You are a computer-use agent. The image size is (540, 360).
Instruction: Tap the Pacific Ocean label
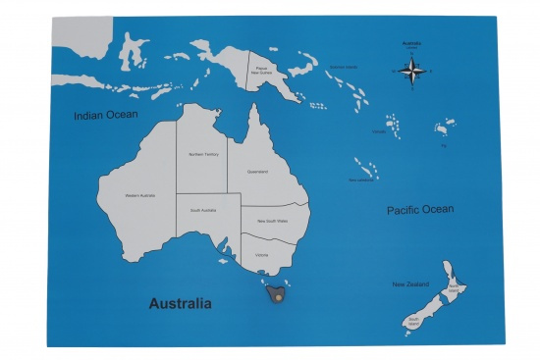tap(419, 209)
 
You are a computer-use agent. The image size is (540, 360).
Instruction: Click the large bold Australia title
tap(180, 303)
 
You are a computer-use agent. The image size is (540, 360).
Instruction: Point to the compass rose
tap(414, 71)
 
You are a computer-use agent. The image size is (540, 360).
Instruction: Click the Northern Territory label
tap(203, 154)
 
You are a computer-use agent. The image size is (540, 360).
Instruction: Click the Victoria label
tap(261, 255)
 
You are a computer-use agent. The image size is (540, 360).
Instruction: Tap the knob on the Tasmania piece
tap(280, 295)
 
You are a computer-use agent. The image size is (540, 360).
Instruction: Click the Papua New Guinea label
tap(271, 71)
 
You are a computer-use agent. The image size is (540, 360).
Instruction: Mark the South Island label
tap(415, 320)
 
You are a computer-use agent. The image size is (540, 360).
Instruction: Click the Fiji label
tap(443, 145)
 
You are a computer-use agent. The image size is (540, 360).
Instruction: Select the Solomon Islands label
tap(343, 67)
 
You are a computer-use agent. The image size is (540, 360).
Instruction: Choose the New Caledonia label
tap(360, 180)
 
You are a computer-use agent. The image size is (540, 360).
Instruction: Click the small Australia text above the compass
tap(412, 43)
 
